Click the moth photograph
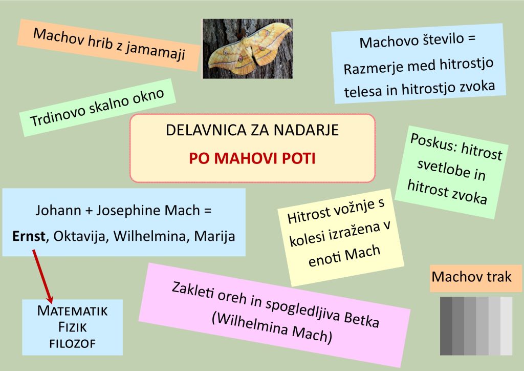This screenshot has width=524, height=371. point(248,49)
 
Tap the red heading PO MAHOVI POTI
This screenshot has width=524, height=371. point(252,158)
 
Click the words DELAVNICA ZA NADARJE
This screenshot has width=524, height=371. point(252,130)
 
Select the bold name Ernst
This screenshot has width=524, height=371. point(29,236)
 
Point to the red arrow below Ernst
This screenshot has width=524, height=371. point(42,276)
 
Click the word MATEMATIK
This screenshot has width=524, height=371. point(73,311)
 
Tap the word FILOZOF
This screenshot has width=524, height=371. point(73,343)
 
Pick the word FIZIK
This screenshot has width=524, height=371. point(73,327)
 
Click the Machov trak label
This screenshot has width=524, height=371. point(471,277)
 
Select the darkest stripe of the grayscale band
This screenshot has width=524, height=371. point(446,326)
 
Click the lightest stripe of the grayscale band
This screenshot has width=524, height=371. point(506,326)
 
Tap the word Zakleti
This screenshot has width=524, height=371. point(193,291)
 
